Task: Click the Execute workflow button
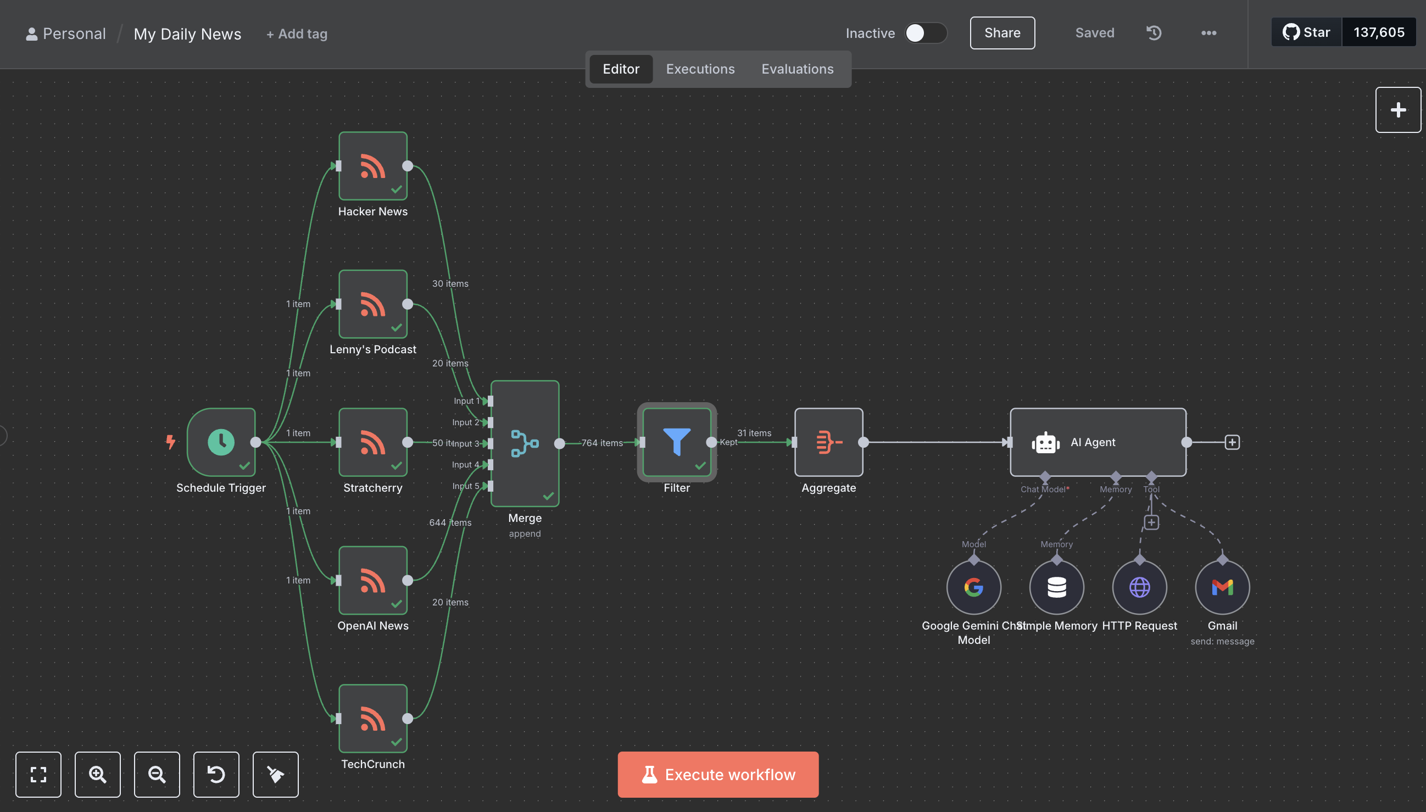tap(717, 774)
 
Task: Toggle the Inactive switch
tap(926, 33)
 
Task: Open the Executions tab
tap(700, 69)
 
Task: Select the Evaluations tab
tap(797, 69)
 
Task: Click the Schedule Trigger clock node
tap(221, 442)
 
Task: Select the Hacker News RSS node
tap(373, 166)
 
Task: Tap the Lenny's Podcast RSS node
tap(373, 304)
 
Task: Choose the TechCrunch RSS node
tap(373, 718)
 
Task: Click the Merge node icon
tap(525, 443)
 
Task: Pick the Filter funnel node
tap(677, 442)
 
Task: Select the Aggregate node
tap(828, 442)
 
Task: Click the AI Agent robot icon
tap(1045, 443)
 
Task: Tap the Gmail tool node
tap(1222, 587)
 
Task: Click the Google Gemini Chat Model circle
tap(973, 587)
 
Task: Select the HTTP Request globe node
tap(1139, 587)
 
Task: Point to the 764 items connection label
tap(601, 443)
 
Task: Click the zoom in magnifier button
tap(98, 774)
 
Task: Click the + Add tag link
tap(297, 34)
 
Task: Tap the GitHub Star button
tap(1306, 32)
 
